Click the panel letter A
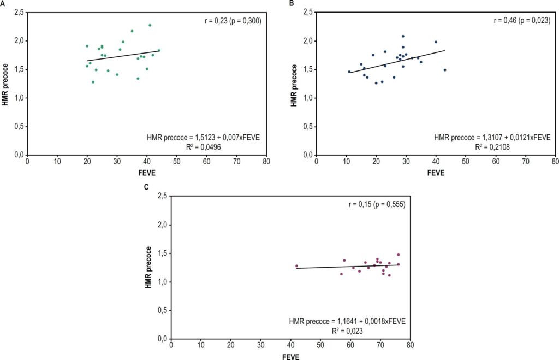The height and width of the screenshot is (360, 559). (2, 4)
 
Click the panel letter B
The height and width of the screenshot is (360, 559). (292, 4)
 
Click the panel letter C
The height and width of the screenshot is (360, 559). (146, 187)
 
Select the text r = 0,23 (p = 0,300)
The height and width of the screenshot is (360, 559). (233, 21)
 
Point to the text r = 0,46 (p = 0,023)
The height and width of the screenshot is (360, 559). (522, 21)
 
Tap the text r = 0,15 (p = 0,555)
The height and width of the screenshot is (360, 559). (377, 205)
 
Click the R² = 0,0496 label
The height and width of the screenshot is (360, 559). (204, 146)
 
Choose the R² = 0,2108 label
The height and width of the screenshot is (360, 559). (492, 146)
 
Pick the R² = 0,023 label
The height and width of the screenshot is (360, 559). (347, 331)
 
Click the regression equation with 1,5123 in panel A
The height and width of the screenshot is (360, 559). (204, 137)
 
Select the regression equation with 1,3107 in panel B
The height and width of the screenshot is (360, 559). (492, 137)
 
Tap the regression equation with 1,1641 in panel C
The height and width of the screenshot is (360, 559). (347, 321)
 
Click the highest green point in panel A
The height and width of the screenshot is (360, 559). (150, 25)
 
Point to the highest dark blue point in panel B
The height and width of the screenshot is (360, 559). (403, 36)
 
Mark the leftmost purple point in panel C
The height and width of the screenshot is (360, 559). (296, 266)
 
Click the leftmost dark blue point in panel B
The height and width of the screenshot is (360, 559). (349, 72)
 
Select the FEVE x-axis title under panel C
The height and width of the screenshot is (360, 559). (290, 357)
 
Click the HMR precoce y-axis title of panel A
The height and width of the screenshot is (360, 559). (5, 85)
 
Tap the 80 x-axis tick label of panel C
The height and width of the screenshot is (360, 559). (411, 345)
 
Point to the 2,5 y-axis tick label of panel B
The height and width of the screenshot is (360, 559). (308, 12)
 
